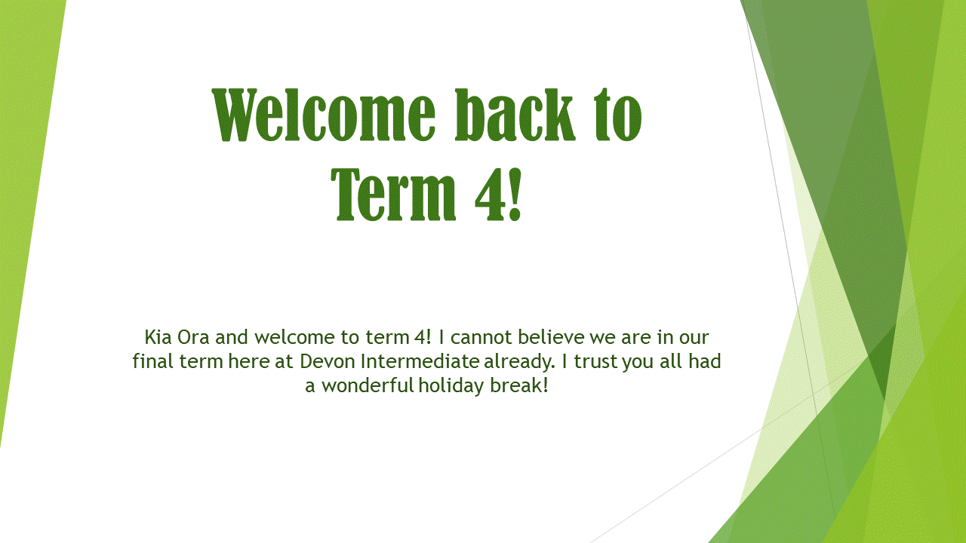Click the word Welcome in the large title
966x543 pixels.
tap(324, 115)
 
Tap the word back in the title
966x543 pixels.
tap(515, 115)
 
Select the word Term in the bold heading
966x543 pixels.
tap(393, 195)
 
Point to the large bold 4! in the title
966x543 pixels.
tap(499, 195)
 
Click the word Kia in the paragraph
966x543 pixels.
tap(158, 337)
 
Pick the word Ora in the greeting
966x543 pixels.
tap(193, 337)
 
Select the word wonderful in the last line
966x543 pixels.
tap(368, 385)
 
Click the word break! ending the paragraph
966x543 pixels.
tap(519, 385)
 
